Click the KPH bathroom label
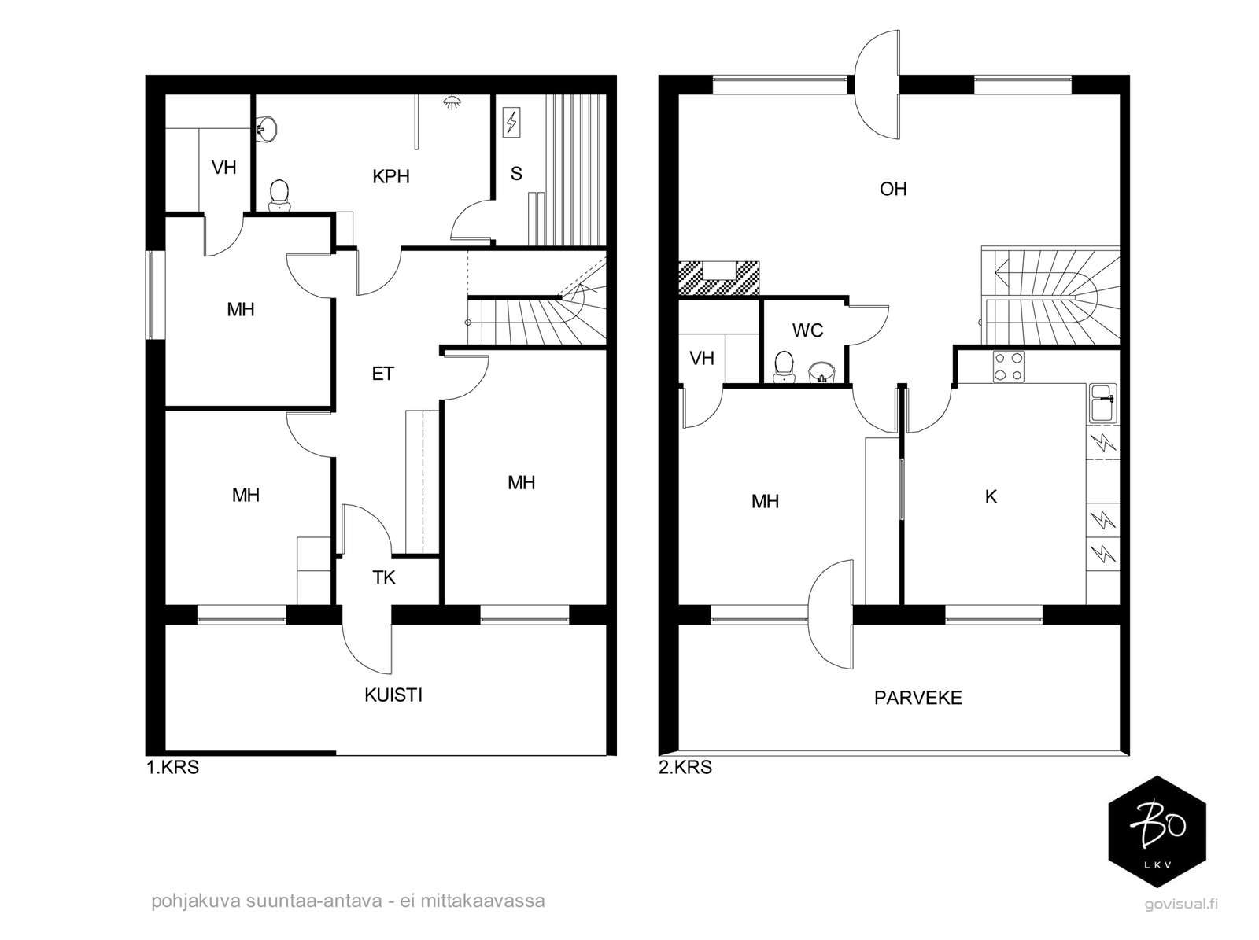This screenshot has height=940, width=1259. [x=390, y=176]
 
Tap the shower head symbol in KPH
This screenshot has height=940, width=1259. [x=452, y=102]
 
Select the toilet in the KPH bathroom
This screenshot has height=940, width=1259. [x=279, y=195]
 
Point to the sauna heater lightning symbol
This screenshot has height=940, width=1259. [x=511, y=123]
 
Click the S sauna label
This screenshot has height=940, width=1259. [x=516, y=174]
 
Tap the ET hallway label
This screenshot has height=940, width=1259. [x=382, y=374]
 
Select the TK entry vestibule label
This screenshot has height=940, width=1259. [x=384, y=577]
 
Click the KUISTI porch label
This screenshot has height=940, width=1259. [x=393, y=695]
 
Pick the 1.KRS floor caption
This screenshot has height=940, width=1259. [x=172, y=767]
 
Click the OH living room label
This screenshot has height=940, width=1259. [x=893, y=189]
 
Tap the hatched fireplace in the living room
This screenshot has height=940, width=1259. [x=719, y=278]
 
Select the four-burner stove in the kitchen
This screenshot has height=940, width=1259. [x=1008, y=367]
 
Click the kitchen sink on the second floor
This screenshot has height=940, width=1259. [x=1103, y=404]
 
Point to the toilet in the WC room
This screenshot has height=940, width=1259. [x=784, y=367]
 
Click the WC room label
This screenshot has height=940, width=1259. [x=807, y=330]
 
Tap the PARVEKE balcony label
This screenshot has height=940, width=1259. [x=917, y=698]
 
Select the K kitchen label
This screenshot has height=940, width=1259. [x=991, y=497]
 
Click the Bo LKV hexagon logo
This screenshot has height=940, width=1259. [x=1157, y=831]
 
